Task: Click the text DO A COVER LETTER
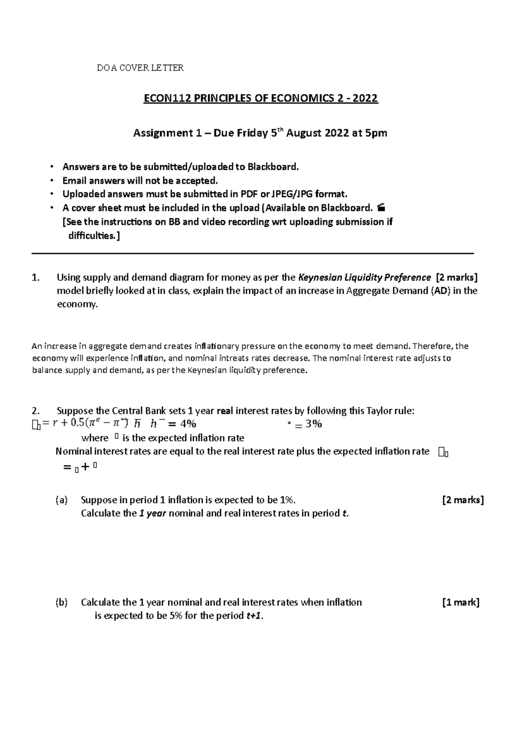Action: point(140,67)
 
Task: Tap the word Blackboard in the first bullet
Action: point(272,167)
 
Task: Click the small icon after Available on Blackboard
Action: point(381,208)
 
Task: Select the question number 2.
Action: point(36,411)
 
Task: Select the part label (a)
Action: point(61,500)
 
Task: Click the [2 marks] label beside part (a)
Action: point(463,500)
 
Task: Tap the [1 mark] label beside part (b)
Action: point(461,603)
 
